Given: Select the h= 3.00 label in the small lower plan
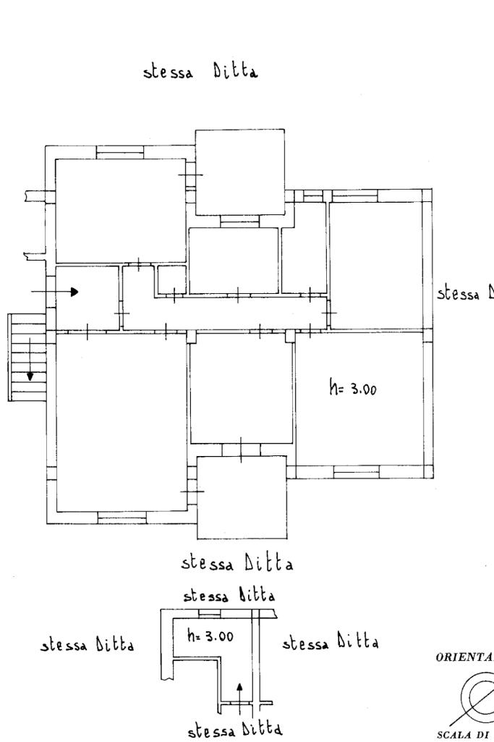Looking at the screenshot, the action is (x=210, y=637).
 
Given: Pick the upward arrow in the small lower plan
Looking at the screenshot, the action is (x=240, y=689).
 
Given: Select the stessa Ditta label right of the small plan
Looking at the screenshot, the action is (x=331, y=642).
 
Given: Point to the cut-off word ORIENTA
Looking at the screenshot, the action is (x=464, y=659).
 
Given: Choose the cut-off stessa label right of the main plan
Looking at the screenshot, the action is (x=466, y=294).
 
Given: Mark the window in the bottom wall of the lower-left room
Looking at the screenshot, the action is (x=122, y=518).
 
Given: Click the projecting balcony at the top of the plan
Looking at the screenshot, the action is (x=239, y=172).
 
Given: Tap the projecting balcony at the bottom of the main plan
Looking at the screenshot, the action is (x=242, y=497).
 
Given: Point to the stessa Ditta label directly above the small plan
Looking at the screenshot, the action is (x=229, y=596).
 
